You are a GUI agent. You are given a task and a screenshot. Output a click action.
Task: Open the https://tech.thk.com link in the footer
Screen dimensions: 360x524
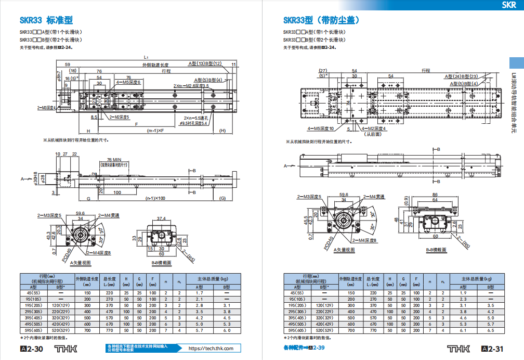coord(211,349)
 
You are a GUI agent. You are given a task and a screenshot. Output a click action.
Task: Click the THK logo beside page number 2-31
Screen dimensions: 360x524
coord(461,349)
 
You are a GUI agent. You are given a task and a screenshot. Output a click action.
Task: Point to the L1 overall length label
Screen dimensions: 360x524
coord(147,57)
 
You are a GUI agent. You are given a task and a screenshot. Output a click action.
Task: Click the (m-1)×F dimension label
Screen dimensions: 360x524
coord(156,130)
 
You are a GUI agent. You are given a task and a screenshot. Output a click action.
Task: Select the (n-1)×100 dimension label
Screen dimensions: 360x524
coord(155,198)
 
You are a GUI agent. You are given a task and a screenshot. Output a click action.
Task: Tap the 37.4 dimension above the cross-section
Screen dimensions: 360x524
coord(161,219)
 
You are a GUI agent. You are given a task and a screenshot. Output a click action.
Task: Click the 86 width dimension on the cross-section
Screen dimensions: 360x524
coord(435,195)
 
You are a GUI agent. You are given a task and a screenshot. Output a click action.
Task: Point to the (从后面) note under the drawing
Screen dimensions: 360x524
coord(373,134)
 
